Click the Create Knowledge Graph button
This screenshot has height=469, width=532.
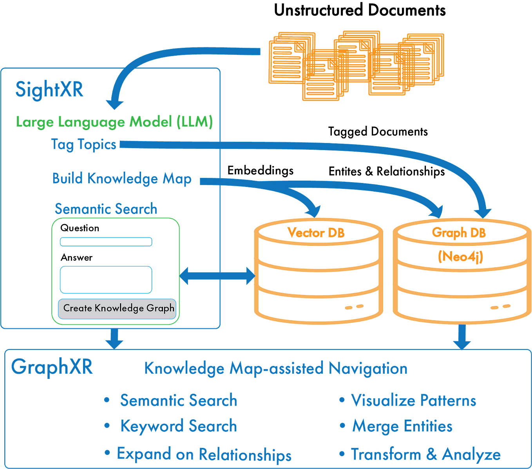[117, 309]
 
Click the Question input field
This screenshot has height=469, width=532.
[106, 242]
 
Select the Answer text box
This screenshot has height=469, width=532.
[106, 280]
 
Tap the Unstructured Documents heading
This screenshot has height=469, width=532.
[360, 11]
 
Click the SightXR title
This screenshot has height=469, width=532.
[49, 90]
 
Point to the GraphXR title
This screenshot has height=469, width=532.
[52, 367]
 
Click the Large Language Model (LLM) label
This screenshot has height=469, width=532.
[114, 122]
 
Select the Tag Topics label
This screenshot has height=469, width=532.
[83, 145]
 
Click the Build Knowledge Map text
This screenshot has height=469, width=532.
[122, 179]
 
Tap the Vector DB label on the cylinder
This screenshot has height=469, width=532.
[316, 233]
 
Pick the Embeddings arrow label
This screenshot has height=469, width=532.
[260, 171]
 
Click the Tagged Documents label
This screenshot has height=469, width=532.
[378, 132]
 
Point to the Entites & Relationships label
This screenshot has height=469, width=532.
[387, 172]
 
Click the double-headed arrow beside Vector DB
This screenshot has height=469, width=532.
[217, 276]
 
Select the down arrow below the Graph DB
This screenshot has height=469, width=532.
[462, 337]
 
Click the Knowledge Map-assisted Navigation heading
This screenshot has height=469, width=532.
[276, 368]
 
